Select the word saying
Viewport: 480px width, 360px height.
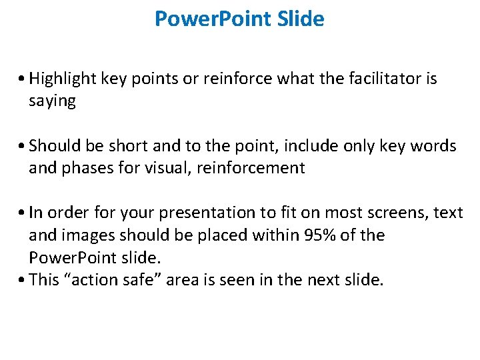(52, 101)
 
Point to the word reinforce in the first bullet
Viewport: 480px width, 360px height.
(241, 79)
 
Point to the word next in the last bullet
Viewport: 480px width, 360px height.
(325, 279)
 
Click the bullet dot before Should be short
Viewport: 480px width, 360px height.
(23, 147)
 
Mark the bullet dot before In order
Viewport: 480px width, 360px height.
(23, 213)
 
